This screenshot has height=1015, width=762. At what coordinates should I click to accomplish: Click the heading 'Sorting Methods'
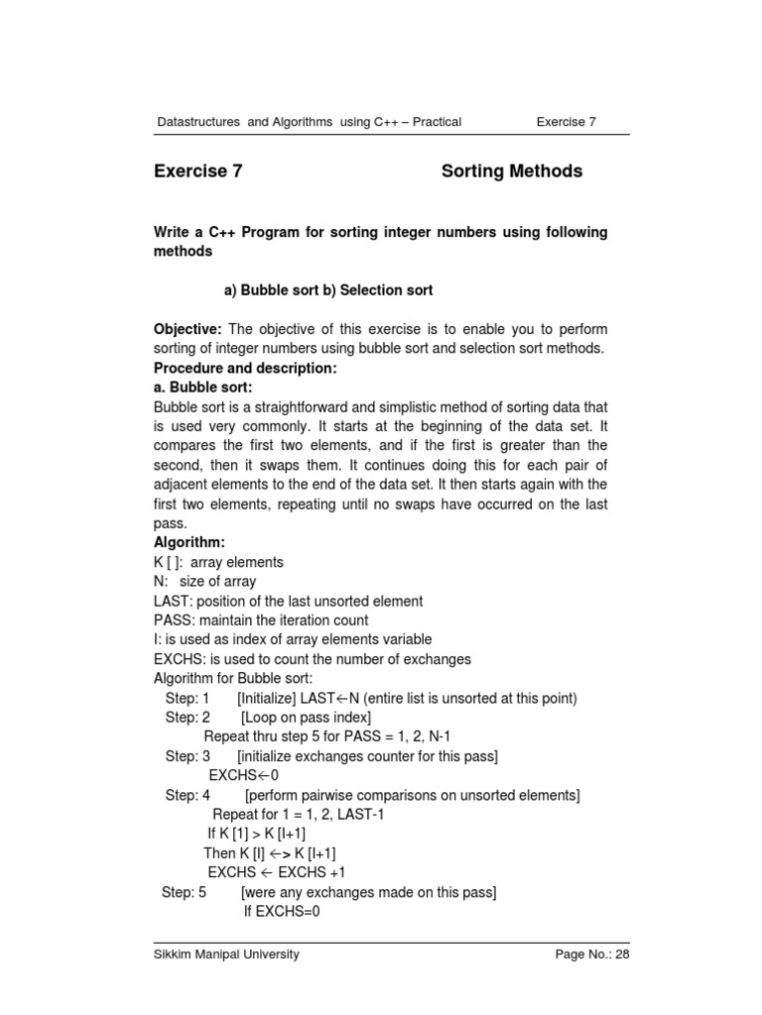[x=511, y=171]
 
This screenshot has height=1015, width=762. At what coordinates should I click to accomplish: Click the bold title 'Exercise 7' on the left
[x=198, y=171]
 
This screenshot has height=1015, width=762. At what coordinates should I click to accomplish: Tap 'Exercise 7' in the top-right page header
[x=566, y=122]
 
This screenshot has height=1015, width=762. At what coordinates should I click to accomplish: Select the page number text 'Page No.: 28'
[x=591, y=955]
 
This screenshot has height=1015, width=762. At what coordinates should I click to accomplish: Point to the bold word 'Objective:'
[x=190, y=329]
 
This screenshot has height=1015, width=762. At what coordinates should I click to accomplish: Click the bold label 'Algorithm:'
[x=190, y=543]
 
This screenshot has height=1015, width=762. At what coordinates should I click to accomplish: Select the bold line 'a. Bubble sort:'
[x=203, y=388]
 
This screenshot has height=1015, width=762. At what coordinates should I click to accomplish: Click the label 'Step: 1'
[x=188, y=699]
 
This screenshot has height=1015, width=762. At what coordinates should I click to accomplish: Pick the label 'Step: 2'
[x=188, y=718]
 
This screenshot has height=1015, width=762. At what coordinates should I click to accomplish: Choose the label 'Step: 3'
[x=188, y=756]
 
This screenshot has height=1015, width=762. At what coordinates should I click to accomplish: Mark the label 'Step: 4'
[x=188, y=795]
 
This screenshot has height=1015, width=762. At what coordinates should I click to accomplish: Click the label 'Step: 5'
[x=185, y=892]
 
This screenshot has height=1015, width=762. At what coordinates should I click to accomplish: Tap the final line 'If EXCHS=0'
[x=282, y=912]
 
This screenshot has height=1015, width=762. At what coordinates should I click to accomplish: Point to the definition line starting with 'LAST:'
[x=288, y=602]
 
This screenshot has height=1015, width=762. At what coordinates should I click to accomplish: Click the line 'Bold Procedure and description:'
[x=246, y=368]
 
